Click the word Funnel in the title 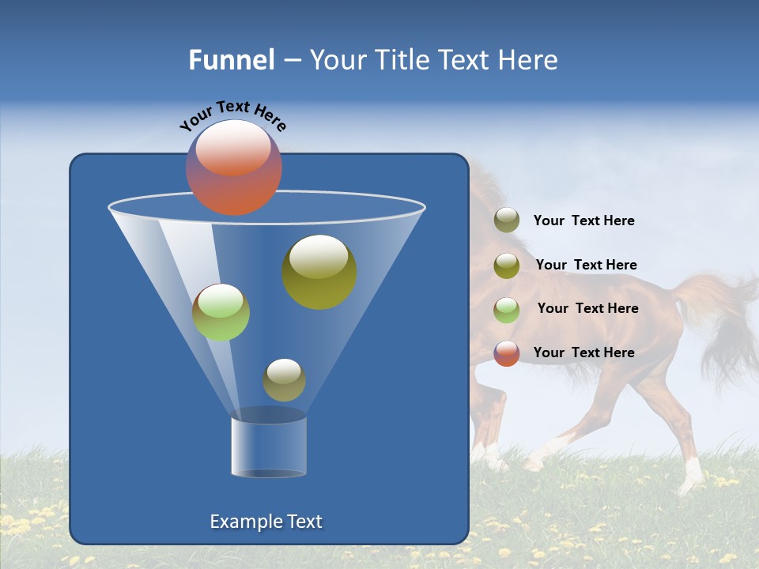click(231, 60)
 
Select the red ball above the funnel click(233, 167)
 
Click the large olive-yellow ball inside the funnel click(319, 271)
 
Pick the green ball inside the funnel click(221, 312)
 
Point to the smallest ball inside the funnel click(284, 379)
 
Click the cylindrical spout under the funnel click(269, 446)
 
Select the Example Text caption click(266, 522)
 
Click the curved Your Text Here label click(232, 115)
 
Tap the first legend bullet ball click(507, 220)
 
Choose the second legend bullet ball click(507, 266)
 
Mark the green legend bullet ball click(507, 310)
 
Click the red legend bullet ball click(507, 353)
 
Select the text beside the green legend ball click(587, 309)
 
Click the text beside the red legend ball click(583, 352)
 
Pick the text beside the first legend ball click(583, 221)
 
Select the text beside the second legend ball click(586, 266)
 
